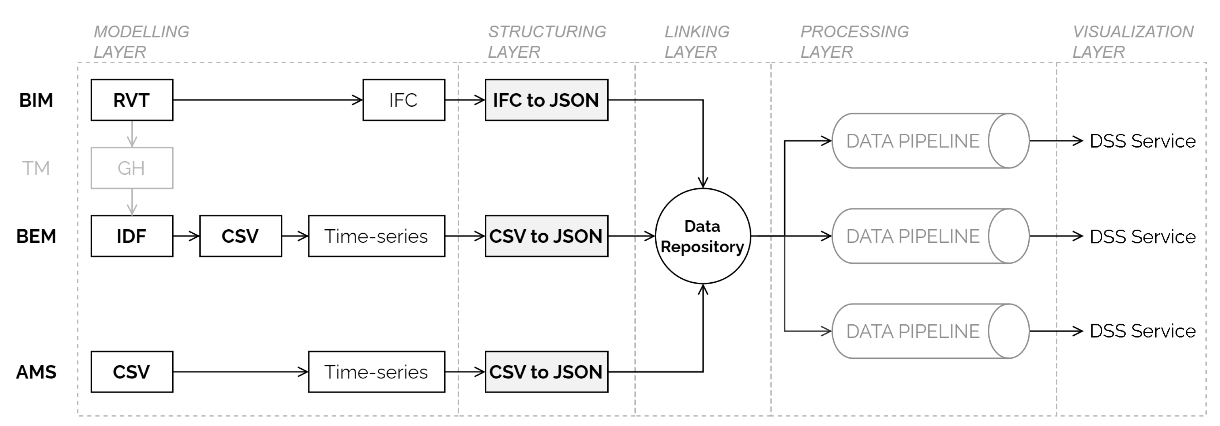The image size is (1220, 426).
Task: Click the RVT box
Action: pos(132,100)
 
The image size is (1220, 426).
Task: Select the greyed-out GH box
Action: pos(132,168)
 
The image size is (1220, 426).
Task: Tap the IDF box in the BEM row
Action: pos(132,236)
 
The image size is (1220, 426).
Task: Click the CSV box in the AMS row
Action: pos(132,372)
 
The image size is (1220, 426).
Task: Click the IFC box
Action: pos(403,100)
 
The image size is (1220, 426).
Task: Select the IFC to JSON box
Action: pos(546,100)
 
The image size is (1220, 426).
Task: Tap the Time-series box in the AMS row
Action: pos(376,372)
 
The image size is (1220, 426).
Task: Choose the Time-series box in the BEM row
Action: pos(376,236)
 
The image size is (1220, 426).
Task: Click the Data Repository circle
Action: pos(702,236)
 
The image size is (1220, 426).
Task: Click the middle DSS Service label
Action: pos(1142,236)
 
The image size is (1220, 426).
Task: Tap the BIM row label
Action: pos(36,100)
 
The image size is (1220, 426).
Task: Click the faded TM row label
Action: pos(36,168)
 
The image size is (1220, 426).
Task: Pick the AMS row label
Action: pos(36,372)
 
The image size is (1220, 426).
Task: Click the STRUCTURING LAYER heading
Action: pos(547,42)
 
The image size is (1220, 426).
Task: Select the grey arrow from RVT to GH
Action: pos(132,133)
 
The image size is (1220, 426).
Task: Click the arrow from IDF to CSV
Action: pos(186,236)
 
